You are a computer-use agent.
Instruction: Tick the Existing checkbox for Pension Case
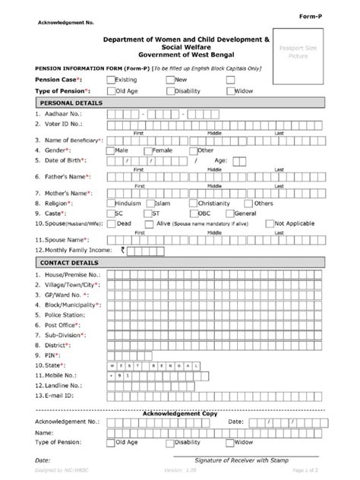point(112,79)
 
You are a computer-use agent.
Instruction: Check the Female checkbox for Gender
point(148,150)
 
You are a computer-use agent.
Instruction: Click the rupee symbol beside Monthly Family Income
point(112,250)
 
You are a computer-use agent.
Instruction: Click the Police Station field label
point(66,314)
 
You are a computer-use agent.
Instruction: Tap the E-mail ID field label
point(60,396)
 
